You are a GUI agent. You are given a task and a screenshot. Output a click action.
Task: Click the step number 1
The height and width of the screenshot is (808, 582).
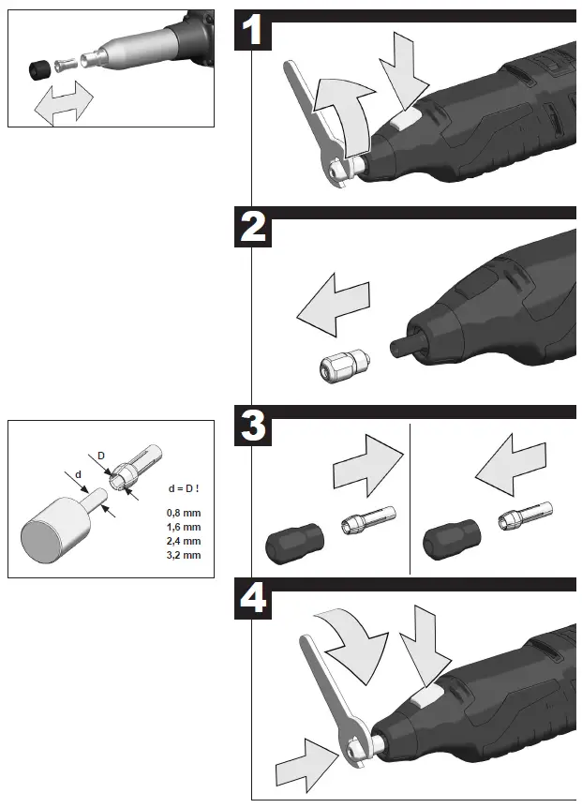(252, 30)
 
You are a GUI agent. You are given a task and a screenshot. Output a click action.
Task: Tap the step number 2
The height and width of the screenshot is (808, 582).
(253, 227)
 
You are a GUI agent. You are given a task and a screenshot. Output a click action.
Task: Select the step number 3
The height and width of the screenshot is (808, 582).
(253, 426)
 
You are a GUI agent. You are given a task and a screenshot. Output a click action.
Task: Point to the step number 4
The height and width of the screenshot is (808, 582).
(253, 598)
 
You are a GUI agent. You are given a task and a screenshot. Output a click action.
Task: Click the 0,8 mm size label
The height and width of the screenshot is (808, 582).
(184, 514)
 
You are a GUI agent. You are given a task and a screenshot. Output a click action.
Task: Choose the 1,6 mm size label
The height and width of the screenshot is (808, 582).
(184, 527)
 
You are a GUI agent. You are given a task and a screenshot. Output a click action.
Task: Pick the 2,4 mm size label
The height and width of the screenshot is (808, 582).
(184, 541)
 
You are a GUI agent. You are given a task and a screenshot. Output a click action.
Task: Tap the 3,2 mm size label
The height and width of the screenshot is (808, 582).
(184, 556)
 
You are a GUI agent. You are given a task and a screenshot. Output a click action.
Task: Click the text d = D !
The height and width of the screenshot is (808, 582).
(184, 488)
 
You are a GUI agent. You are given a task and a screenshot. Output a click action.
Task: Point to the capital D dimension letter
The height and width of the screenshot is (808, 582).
(101, 456)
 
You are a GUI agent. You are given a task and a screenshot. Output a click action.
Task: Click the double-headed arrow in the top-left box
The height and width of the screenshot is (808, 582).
(64, 103)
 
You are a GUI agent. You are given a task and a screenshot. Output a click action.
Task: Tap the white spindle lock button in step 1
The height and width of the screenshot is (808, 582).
(405, 121)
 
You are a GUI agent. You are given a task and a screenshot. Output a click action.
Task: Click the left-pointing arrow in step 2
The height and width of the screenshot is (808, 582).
(334, 305)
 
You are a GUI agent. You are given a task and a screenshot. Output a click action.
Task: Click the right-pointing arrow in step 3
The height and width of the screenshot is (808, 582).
(367, 466)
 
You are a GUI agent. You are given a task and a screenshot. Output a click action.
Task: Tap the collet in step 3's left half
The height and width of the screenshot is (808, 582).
(368, 519)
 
